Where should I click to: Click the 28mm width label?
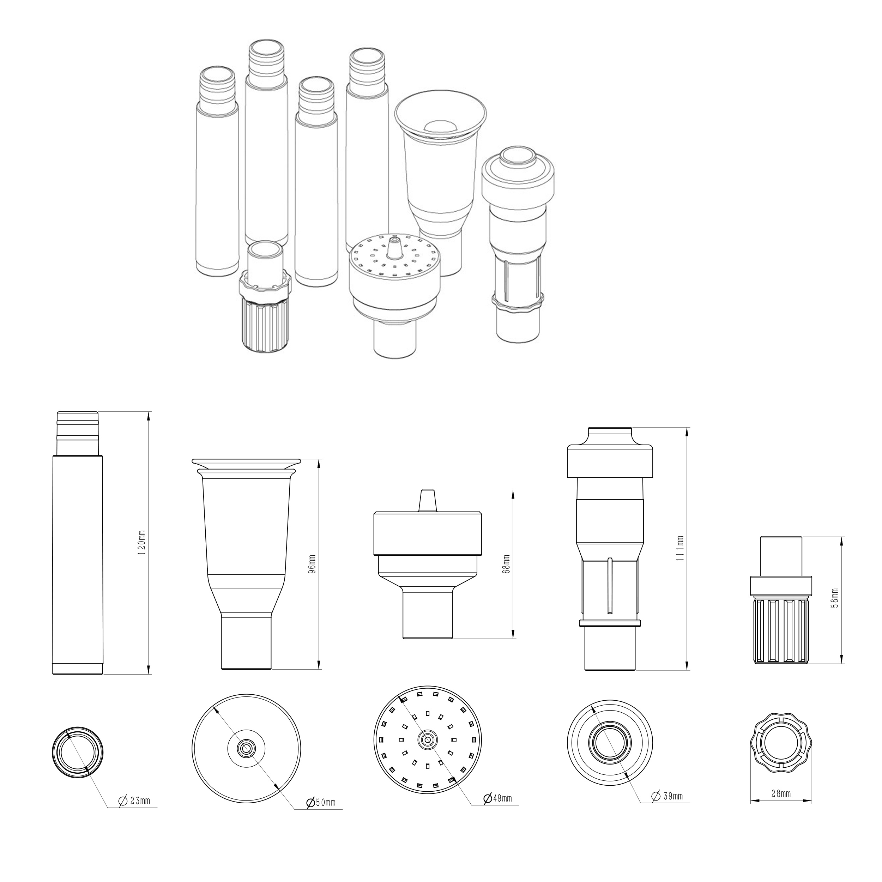point(781,794)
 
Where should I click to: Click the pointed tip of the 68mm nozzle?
point(427,491)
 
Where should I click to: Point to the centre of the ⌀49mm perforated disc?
point(427,739)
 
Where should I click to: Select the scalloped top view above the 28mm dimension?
point(781,743)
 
